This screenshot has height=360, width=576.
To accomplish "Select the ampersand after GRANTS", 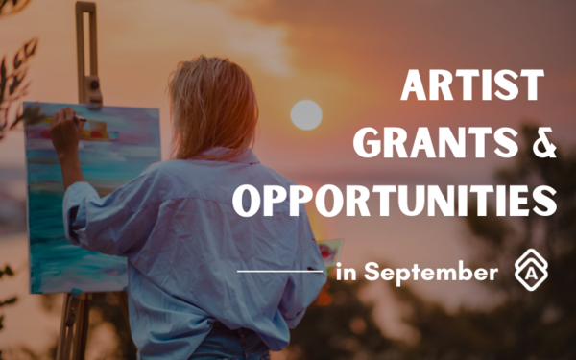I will click(543, 146).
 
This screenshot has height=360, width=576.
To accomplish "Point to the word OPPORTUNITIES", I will click(396, 201).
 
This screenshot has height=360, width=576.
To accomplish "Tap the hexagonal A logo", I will click(530, 272).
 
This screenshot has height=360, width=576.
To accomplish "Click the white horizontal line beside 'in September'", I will click(279, 273).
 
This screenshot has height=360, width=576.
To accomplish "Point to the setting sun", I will click(305, 115).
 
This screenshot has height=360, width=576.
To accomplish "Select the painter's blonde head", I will click(213, 96).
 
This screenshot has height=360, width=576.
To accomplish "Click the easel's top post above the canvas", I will click(88, 48).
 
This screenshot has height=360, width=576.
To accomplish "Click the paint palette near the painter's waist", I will click(327, 252).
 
